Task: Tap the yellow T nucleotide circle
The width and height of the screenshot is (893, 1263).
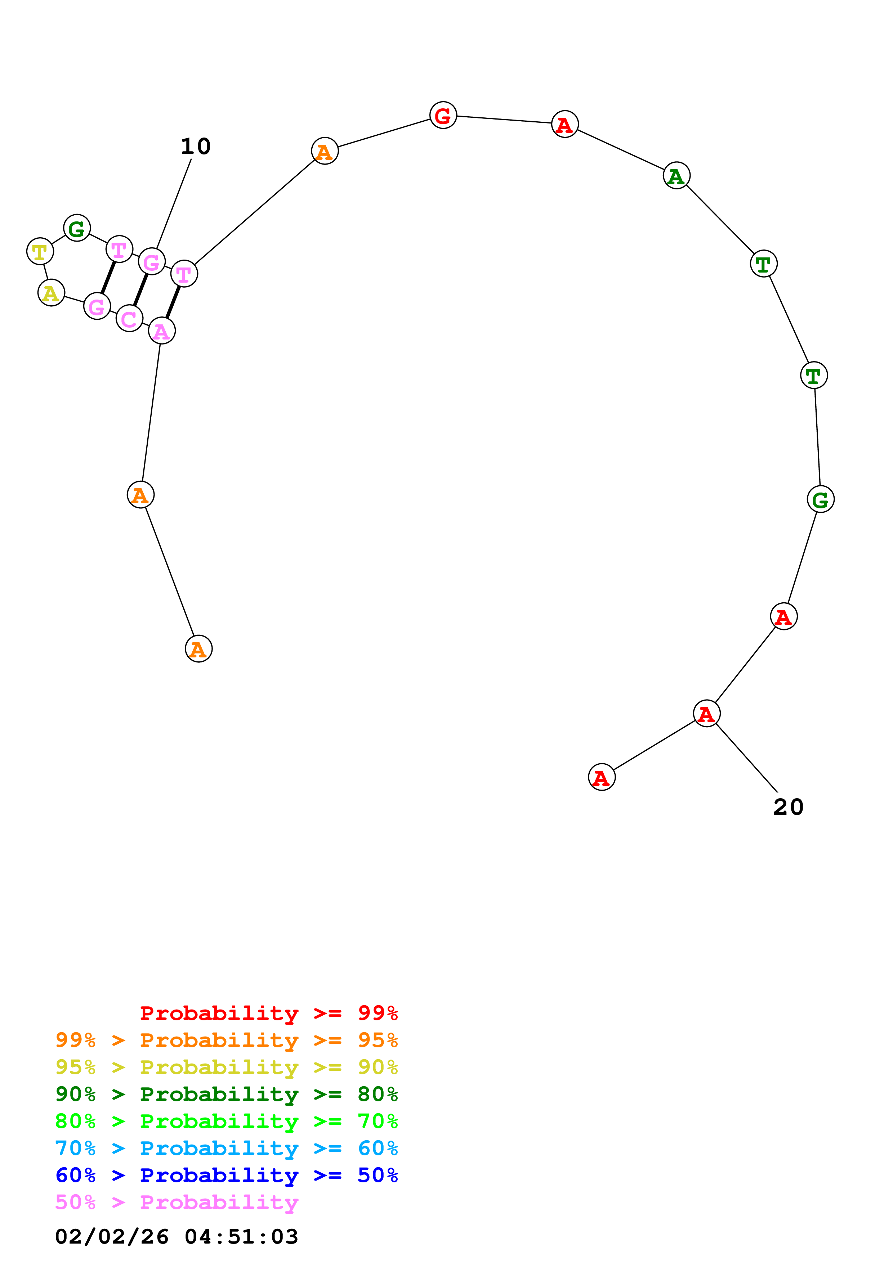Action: coord(40,251)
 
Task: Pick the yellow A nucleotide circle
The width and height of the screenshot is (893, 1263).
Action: coord(51,293)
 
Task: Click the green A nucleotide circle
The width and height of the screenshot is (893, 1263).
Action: coord(676,175)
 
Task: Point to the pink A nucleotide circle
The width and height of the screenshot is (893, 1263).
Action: coord(162,331)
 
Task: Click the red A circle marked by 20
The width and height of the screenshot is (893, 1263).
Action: coord(706,714)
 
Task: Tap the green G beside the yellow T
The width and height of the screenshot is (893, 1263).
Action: coord(77,228)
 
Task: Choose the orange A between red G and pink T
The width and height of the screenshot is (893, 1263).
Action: coord(325,151)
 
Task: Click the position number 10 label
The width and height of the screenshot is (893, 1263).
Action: coord(195,146)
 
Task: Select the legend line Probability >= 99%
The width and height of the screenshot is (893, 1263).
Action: coord(268,1013)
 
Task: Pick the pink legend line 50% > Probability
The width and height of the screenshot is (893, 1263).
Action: coord(177,1203)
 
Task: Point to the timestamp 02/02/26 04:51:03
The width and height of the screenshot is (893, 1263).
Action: coord(177,1237)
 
